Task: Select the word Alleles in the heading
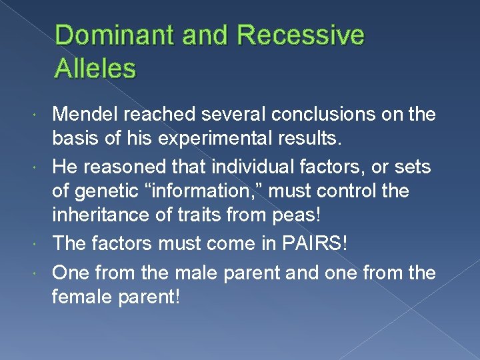coord(97,67)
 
